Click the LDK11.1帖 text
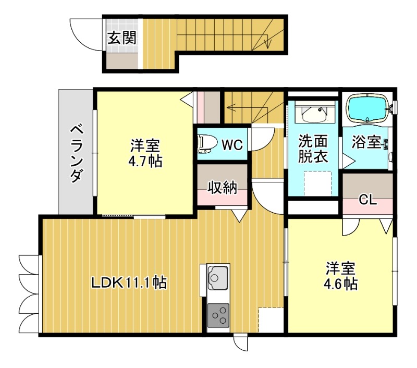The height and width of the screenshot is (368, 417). click(x=129, y=283)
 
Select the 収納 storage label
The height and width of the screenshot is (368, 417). click(x=223, y=187)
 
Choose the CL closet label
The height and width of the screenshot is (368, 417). click(x=368, y=200)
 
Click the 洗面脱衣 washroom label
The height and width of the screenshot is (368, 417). click(x=313, y=149)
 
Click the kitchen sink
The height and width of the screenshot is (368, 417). click(x=218, y=277)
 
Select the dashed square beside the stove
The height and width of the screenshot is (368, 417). click(x=271, y=319)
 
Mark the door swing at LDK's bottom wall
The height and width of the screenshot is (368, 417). click(x=241, y=345)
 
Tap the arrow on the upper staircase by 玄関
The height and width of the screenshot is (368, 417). click(x=268, y=39)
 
